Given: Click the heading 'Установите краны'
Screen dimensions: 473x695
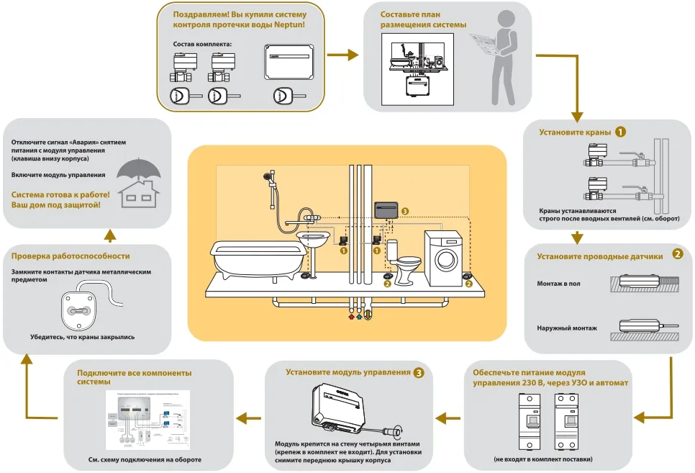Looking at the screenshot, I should pyautogui.click(x=575, y=132).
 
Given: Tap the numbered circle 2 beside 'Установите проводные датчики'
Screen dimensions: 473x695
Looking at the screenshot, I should pyautogui.click(x=677, y=253).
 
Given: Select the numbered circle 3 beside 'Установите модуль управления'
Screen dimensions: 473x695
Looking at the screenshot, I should pyautogui.click(x=419, y=372).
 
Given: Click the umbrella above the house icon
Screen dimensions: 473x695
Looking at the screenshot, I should pyautogui.click(x=140, y=168).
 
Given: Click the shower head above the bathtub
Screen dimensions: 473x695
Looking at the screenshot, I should pyautogui.click(x=268, y=176).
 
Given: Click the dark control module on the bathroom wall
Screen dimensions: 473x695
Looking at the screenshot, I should pyautogui.click(x=386, y=211).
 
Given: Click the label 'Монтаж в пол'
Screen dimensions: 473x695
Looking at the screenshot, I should pyautogui.click(x=558, y=284).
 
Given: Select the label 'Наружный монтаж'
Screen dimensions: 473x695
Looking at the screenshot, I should pyautogui.click(x=567, y=328).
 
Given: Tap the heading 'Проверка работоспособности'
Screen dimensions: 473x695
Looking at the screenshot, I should pyautogui.click(x=71, y=256).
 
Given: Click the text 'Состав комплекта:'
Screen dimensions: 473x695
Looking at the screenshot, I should pyautogui.click(x=203, y=44).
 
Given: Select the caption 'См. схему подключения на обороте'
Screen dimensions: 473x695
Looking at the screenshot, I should pyautogui.click(x=150, y=459).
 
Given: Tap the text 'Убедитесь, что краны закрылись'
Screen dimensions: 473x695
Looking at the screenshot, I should pyautogui.click(x=82, y=336).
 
